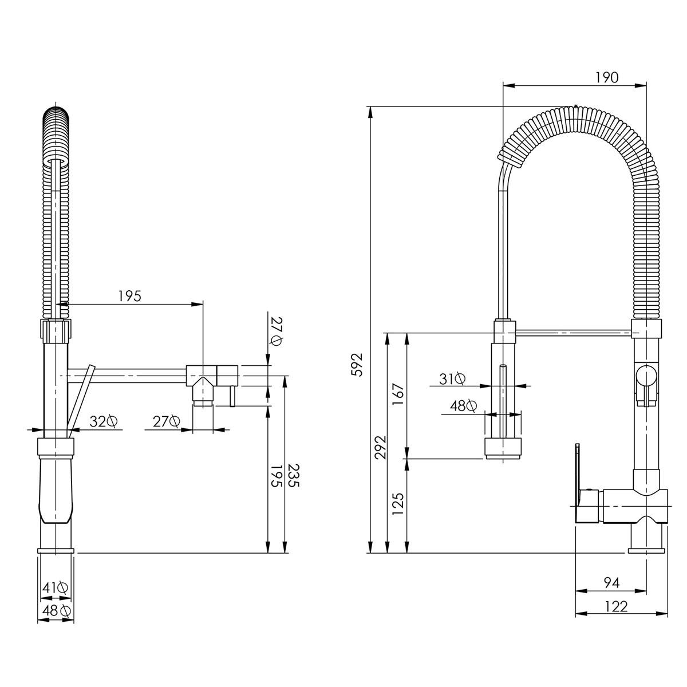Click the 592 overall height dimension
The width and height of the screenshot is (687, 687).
[357, 364]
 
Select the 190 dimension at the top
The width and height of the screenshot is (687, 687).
[607, 77]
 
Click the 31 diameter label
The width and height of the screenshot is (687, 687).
[452, 378]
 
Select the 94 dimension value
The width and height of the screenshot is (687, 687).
[612, 583]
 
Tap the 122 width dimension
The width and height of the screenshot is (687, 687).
[616, 606]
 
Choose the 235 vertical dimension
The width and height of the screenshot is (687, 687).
[293, 475]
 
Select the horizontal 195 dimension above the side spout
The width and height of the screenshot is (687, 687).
[129, 295]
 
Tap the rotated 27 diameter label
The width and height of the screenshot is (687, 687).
[277, 332]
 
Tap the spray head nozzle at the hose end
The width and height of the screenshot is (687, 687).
[504, 448]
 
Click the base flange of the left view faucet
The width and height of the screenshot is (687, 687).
[56, 550]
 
